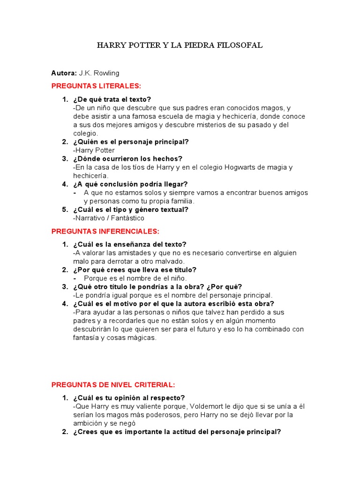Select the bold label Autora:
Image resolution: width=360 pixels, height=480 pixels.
[64, 73]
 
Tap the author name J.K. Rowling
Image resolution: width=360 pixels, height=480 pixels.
[99, 73]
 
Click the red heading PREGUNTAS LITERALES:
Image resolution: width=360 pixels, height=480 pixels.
[96, 86]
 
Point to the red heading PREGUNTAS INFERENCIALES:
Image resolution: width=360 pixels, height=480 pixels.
[105, 232]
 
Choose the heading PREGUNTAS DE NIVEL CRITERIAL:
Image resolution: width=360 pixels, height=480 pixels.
[113, 385]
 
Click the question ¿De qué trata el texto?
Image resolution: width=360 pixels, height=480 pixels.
[112, 99]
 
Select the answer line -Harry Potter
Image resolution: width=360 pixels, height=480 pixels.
[94, 150]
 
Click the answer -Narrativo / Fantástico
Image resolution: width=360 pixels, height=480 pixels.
[109, 218]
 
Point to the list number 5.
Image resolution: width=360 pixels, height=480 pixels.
[65, 210]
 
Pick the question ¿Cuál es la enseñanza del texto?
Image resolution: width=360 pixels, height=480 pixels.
[130, 244]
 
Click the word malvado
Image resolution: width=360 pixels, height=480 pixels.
[169, 261]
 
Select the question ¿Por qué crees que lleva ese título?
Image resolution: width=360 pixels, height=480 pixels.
[135, 270]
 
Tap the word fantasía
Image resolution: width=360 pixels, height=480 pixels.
[87, 337]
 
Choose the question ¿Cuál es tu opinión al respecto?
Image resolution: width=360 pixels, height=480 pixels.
[129, 397]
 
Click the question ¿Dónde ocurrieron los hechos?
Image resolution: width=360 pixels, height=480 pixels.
[127, 159]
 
